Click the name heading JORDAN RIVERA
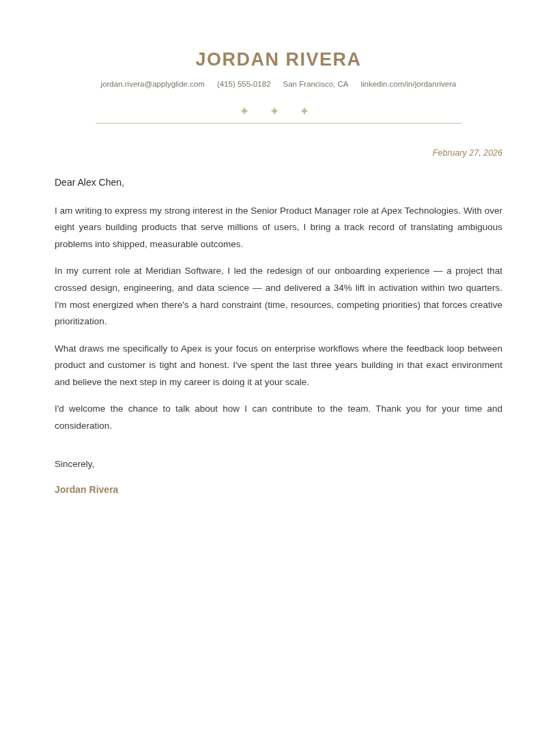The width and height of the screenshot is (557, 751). pos(278,59)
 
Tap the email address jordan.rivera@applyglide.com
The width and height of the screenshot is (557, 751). pos(152,84)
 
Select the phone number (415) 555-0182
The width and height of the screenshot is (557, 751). pos(244,84)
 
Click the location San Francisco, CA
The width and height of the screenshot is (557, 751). pos(315,84)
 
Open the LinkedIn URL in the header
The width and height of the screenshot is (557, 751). pos(408,84)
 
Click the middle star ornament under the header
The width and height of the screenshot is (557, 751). pos(274,111)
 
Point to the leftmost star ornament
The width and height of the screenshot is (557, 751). pos(244,111)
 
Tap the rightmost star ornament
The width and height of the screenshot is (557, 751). pos(304,111)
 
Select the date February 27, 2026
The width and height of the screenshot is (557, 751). pos(467,153)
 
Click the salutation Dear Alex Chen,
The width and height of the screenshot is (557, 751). pos(89,182)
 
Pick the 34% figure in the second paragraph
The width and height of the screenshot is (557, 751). pos(343,288)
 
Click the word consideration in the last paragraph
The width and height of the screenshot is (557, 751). pos(83,426)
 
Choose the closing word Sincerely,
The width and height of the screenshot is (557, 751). pos(74,464)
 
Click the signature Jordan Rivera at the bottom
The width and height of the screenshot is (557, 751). pos(86,490)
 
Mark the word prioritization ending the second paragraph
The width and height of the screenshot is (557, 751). pos(81,322)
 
